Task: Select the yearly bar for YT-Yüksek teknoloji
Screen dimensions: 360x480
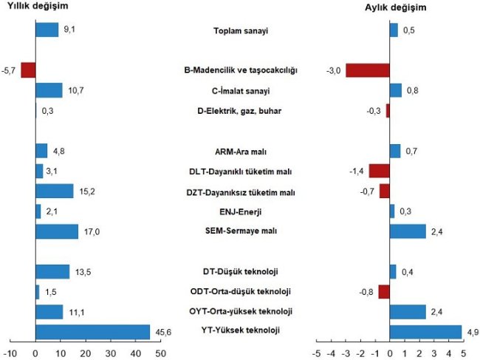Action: [x=92, y=332]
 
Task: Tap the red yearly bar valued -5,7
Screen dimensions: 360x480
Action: [x=28, y=70]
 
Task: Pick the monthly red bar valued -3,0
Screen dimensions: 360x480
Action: [x=367, y=70]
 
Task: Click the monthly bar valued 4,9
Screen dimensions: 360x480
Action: [x=425, y=332]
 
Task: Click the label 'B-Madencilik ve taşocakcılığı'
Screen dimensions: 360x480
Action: [x=240, y=71]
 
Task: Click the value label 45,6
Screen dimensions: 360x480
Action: [x=162, y=332]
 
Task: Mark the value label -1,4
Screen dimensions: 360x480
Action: [x=356, y=171]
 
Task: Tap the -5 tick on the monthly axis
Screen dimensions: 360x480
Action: [x=315, y=352]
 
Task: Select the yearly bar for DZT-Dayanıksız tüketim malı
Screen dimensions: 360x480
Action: [x=55, y=191]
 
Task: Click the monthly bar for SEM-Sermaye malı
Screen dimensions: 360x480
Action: [x=407, y=231]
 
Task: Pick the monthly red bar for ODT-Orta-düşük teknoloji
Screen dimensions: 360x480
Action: [x=383, y=291]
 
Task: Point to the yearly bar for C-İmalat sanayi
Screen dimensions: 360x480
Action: [x=49, y=90]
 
